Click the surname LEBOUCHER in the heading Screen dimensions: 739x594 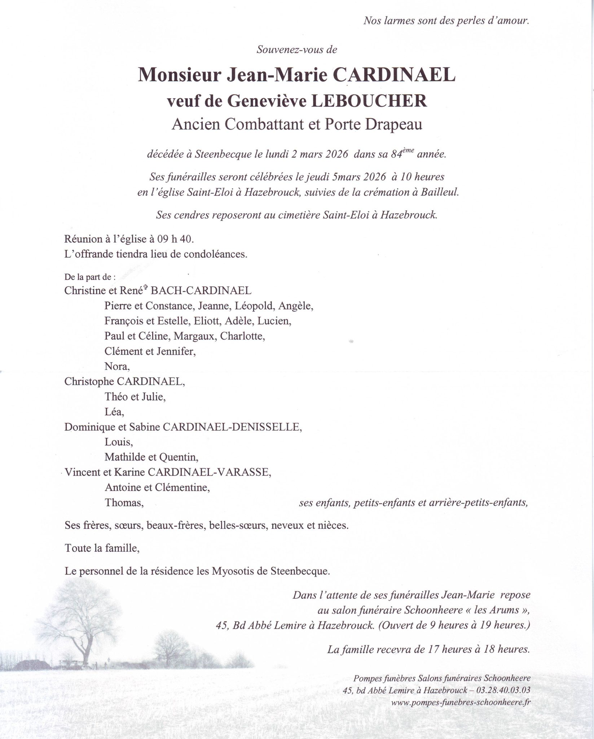pos(369,101)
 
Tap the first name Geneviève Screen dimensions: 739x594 pos(267,101)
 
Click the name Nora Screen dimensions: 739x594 pos(116,367)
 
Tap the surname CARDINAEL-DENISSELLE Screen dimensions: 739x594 pos(232,427)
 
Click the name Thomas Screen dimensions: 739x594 pos(124,503)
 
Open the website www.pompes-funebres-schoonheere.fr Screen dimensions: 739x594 pos(461,702)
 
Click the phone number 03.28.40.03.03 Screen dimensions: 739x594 pos(503,690)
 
